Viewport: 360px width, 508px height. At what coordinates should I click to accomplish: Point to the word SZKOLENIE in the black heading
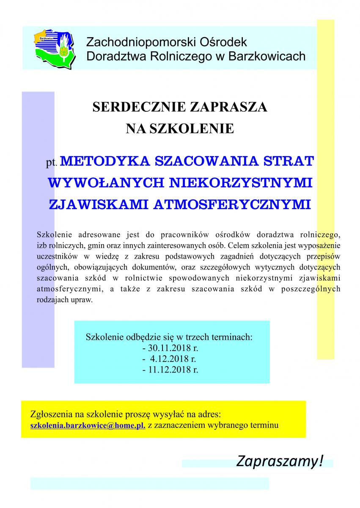(x=194, y=128)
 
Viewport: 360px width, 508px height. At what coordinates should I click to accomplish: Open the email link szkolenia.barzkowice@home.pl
(x=88, y=425)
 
